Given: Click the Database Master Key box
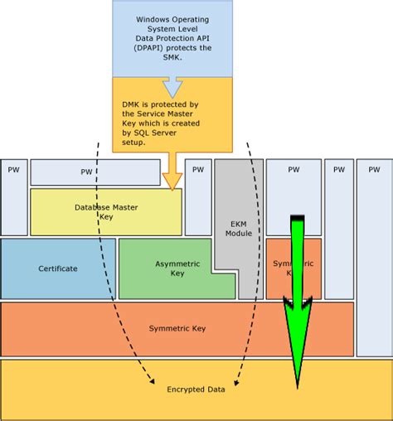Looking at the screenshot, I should pos(106,212).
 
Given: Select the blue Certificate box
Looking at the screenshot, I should pos(58,269).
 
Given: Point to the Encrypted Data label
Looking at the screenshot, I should pos(196,389).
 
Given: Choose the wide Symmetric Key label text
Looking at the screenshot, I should pos(177,328).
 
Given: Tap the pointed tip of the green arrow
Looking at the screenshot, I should pos(296,386).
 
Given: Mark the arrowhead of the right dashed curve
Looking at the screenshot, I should pos(236,382).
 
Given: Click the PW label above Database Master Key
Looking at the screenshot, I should pos(86,172).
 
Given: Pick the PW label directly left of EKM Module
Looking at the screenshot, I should pos(197,169).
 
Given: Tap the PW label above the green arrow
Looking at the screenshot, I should pos(293,169).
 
